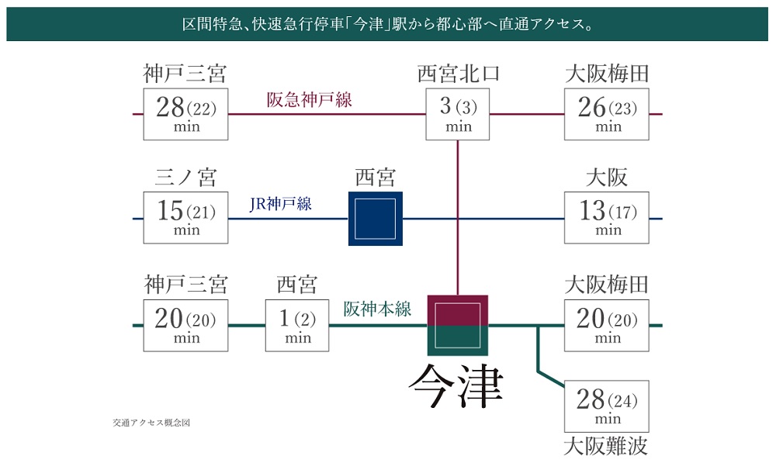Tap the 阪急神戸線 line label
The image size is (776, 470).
[309, 100]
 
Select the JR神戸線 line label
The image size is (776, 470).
[281, 204]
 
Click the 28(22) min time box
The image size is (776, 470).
[186, 114]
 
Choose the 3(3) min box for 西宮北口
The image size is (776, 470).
[459, 114]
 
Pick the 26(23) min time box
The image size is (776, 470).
[607, 114]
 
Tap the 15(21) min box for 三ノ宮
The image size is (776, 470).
[186, 218]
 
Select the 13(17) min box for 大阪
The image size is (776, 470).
[607, 218]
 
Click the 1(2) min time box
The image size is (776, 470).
[298, 325]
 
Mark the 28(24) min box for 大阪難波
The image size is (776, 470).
[607, 406]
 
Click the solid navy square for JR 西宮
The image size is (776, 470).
[376, 219]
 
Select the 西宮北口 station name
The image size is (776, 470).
[459, 74]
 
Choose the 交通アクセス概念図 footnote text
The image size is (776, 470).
[151, 423]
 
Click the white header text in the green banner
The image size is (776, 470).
[387, 26]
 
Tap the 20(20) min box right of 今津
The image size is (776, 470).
[607, 325]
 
